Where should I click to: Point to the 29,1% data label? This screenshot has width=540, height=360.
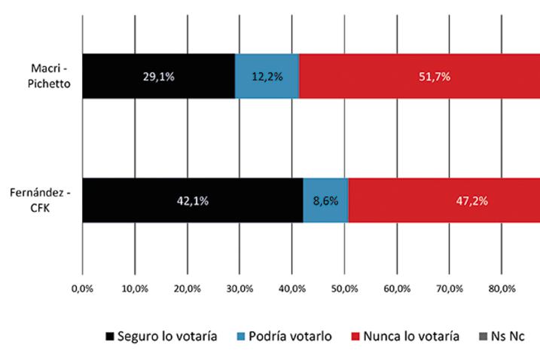click(x=158, y=77)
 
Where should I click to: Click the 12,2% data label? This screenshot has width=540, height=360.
click(x=267, y=77)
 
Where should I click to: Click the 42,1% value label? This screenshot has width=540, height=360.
click(x=192, y=201)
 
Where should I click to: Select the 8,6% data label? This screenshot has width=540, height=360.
click(x=325, y=201)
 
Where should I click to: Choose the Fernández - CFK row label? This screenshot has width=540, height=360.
click(x=45, y=200)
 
